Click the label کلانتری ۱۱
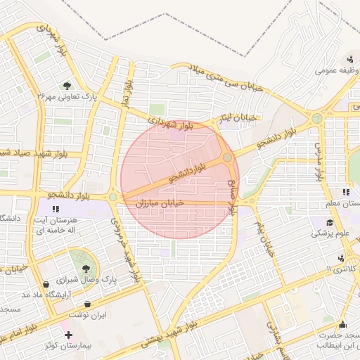coord(342,269)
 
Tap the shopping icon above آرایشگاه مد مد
coord(46,284)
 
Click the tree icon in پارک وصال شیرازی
coord(85,267)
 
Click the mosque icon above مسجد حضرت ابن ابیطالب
coord(342,324)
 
